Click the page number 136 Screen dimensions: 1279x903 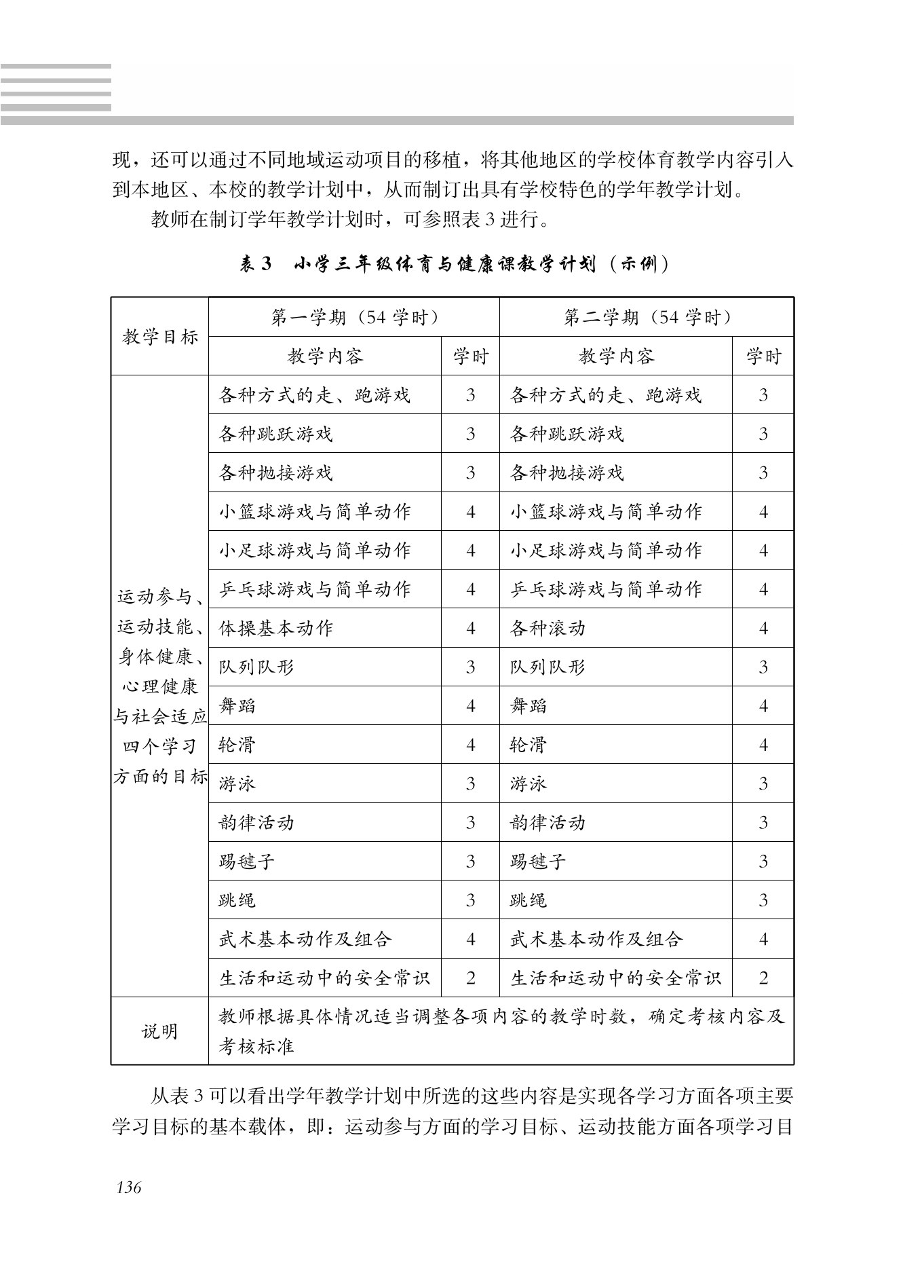pos(129,1187)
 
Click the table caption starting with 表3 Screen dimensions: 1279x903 pos(453,264)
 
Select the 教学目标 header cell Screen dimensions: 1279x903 pos(160,337)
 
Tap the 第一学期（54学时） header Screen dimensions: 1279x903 pos(353,317)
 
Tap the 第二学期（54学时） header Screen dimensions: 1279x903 pos(647,317)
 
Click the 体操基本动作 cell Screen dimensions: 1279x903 pos(276,628)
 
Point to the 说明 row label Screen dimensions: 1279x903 pos(160,1031)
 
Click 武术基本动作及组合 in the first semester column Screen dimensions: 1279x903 pos(305,939)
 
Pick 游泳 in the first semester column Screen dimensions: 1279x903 pos(237,783)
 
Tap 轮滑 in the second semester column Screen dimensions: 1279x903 pos(529,745)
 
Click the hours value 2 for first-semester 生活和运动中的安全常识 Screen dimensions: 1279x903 pos(471,978)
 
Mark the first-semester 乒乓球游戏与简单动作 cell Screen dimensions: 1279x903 pos(315,589)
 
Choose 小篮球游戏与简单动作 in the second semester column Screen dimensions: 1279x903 pos(606,511)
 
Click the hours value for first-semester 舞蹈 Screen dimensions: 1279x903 pos(471,706)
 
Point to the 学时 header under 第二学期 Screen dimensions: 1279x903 pos(763,356)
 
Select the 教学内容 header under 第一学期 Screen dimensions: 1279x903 pos(325,356)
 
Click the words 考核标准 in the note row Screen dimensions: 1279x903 pos(256,1046)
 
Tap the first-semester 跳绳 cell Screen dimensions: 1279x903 pos(237,900)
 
